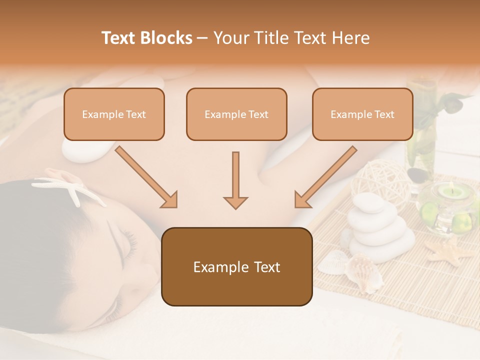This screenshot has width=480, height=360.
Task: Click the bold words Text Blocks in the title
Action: coord(146,38)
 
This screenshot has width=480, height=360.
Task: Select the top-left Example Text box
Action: coord(114,114)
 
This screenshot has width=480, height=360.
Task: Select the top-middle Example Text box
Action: coord(236,114)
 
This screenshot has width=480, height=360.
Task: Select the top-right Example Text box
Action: coord(362,114)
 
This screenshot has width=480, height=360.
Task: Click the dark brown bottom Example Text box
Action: coord(236,266)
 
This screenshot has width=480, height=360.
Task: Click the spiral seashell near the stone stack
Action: coord(365,272)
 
